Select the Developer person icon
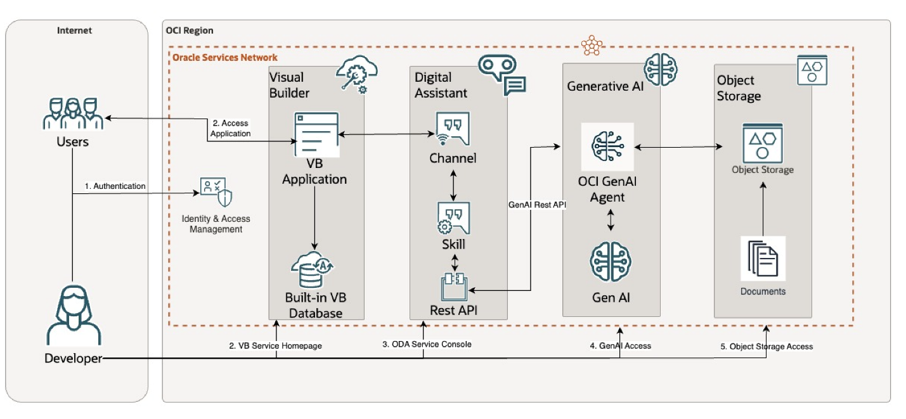click(x=73, y=315)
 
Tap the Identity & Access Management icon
click(x=216, y=192)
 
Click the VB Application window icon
click(x=315, y=135)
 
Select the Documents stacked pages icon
click(x=763, y=259)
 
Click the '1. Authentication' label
click(x=115, y=186)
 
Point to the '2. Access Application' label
click(x=231, y=129)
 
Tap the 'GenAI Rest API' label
click(x=536, y=205)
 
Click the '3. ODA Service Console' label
click(x=427, y=344)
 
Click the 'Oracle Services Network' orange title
click(x=225, y=58)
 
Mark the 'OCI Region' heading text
click(x=190, y=30)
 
